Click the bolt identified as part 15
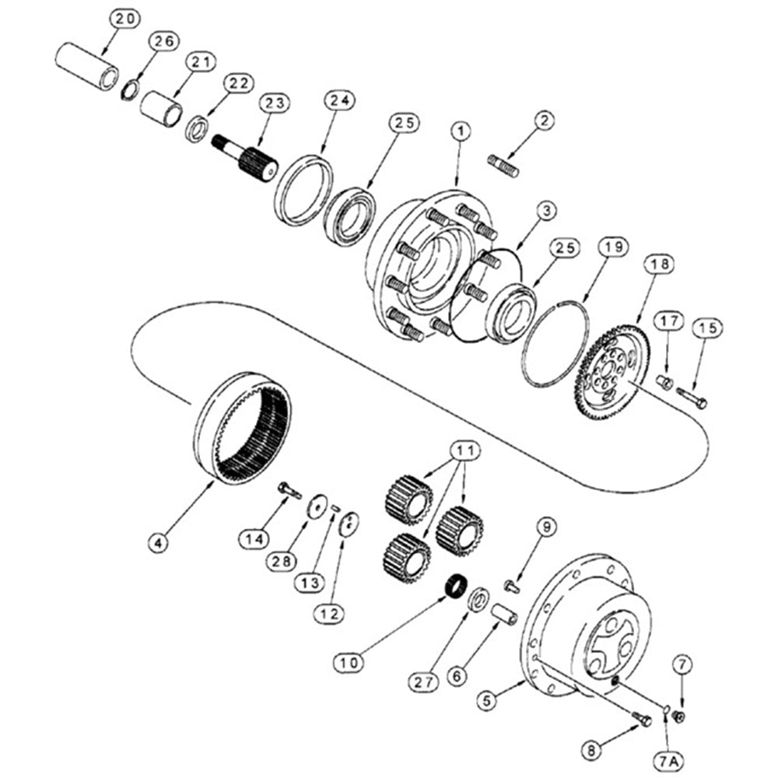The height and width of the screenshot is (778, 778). click(x=691, y=398)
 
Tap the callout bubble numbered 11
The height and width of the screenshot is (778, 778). click(x=464, y=450)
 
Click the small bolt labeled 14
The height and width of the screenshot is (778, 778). click(x=289, y=490)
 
